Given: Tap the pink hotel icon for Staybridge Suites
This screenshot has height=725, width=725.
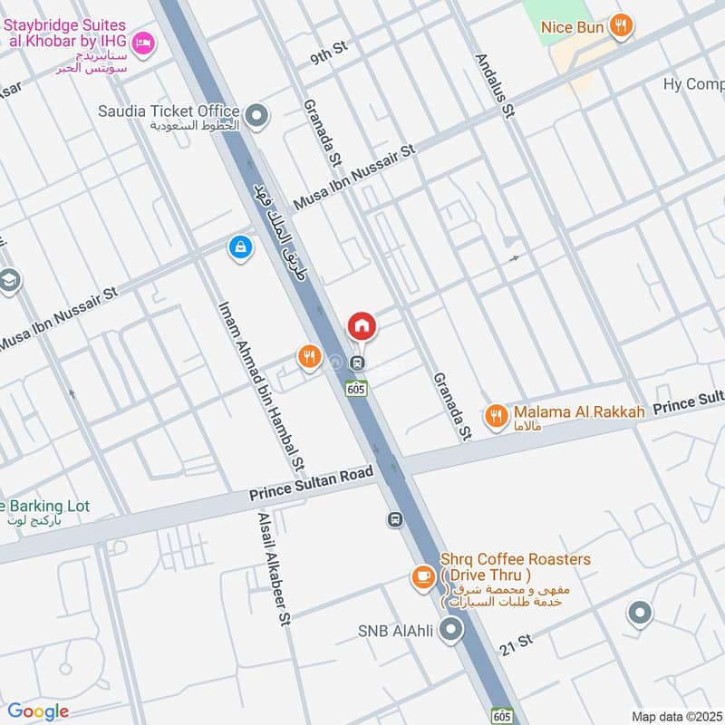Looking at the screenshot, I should point(143,43).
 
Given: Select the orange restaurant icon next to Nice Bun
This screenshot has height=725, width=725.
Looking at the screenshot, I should point(621,26).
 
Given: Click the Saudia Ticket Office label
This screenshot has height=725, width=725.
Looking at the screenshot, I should point(169,111).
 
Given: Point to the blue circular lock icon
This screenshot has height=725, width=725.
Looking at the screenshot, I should point(240,246).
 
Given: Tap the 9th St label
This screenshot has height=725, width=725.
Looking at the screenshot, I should point(329,55).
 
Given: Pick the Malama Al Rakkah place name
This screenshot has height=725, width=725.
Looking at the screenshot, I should point(580,411).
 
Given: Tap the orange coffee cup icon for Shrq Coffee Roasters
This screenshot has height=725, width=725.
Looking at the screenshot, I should point(421,576).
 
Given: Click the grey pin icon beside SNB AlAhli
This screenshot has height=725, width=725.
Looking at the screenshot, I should point(451,631).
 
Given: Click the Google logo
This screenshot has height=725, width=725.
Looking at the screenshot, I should point(38,711).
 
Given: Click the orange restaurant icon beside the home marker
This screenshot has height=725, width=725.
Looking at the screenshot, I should point(310,358).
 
